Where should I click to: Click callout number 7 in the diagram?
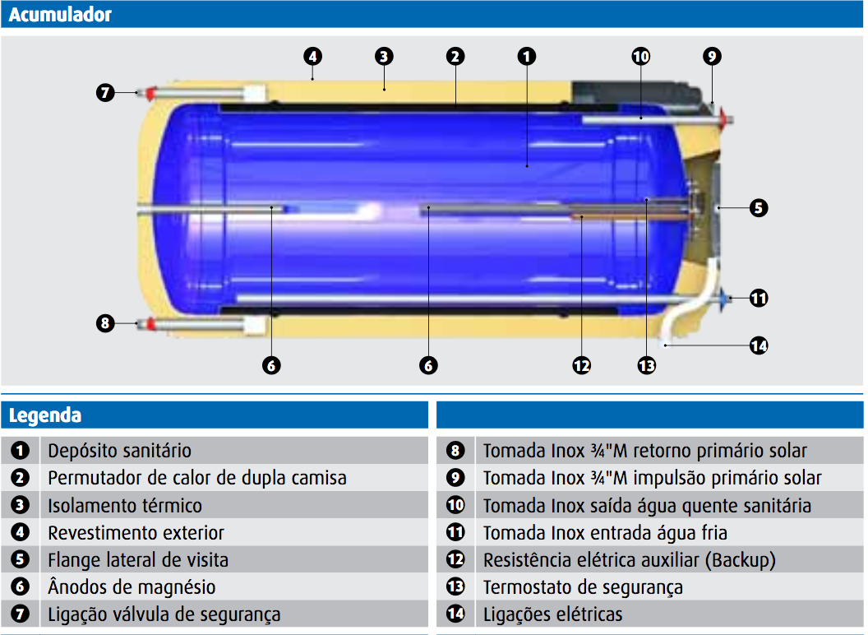tap(105, 93)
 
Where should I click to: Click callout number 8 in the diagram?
tap(104, 323)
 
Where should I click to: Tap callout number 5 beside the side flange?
tap(759, 208)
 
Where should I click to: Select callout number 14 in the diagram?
tap(759, 346)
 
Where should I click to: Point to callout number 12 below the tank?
tap(582, 366)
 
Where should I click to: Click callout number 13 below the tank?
tap(647, 366)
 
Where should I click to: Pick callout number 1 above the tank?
tap(527, 57)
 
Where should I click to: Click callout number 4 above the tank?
tap(312, 57)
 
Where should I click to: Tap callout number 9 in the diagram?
tap(712, 57)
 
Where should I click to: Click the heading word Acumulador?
tap(60, 14)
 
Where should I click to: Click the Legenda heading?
tap(45, 415)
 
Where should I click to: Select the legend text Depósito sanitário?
tap(119, 451)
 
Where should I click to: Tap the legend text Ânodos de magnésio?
tap(132, 587)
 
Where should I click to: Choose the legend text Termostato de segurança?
tap(583, 587)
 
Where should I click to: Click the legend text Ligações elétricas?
tap(552, 614)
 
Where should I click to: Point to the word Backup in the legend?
tap(739, 560)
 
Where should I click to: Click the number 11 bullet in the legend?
tap(455, 533)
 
